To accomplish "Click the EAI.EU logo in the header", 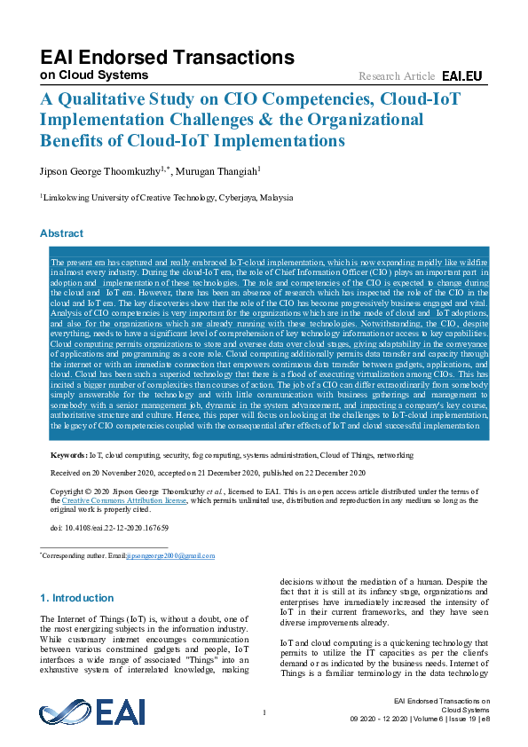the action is pyautogui.click(x=461, y=76).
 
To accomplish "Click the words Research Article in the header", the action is pyautogui.click(x=397, y=76).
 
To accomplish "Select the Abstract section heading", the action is pyautogui.click(x=61, y=233).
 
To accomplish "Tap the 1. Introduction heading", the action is pyautogui.click(x=78, y=598).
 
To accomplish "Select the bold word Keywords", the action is pyautogui.click(x=69, y=454).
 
